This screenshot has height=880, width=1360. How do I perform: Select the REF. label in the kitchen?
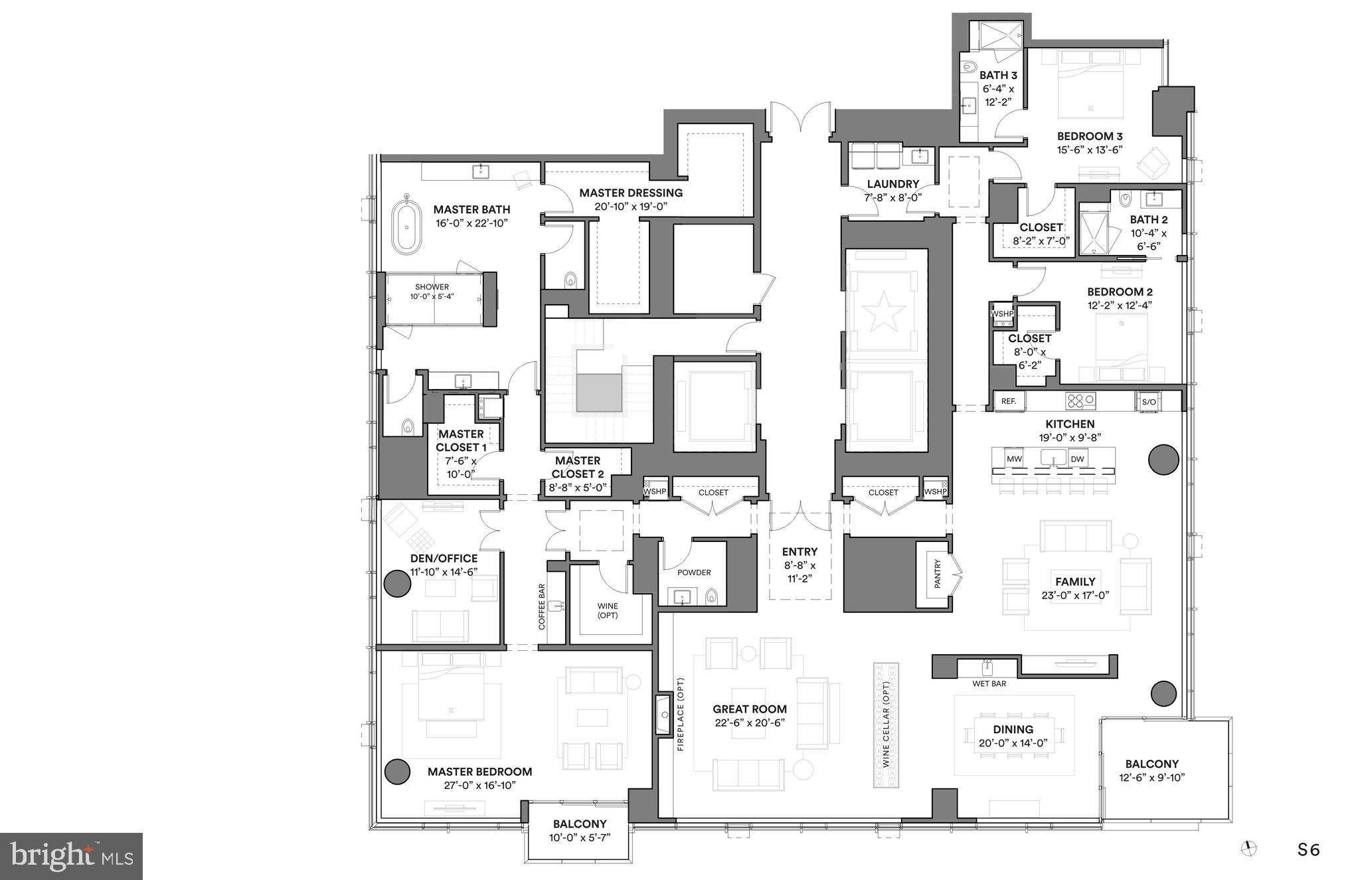(1009, 401)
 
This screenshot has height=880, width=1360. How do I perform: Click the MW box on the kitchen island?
(1014, 459)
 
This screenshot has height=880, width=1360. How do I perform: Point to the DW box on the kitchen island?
(1077, 459)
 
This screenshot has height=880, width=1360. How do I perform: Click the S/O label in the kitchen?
(1149, 402)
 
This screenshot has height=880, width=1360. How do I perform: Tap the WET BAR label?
(989, 683)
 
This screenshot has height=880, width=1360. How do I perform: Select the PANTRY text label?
(938, 574)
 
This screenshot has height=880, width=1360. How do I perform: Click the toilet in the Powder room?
(711, 596)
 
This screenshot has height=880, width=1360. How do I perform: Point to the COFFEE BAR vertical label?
(542, 607)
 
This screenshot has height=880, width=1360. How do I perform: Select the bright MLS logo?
(71, 856)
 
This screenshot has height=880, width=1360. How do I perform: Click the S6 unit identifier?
(1309, 849)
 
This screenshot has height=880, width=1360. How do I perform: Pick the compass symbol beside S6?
(1249, 848)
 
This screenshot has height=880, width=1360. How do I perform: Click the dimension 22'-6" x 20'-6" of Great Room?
(750, 723)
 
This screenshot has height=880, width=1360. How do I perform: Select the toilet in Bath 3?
(969, 66)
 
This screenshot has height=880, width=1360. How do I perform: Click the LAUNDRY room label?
(892, 184)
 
